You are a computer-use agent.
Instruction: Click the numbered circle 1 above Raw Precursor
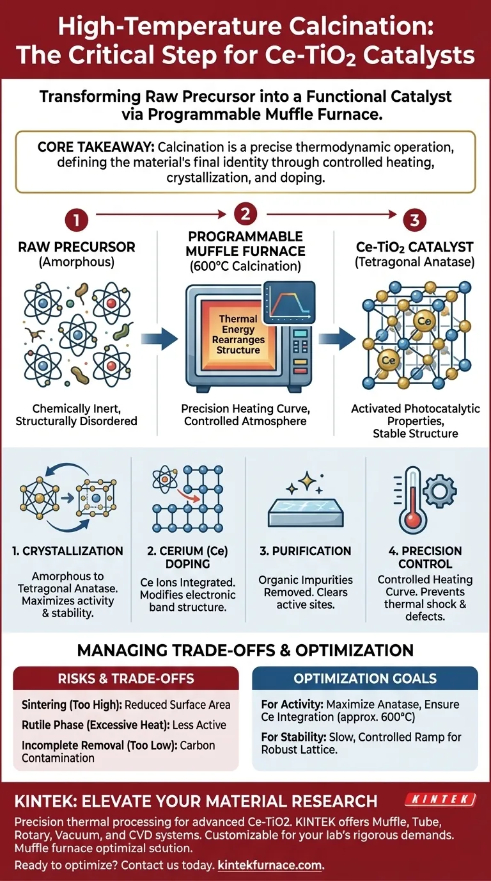click(76, 222)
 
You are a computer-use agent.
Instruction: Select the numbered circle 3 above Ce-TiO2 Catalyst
click(414, 222)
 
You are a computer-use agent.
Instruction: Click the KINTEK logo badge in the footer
click(440, 799)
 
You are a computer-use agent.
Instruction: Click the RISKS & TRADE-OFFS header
click(126, 678)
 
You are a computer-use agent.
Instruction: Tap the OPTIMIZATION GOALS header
click(365, 678)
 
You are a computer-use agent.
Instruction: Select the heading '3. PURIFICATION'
click(304, 551)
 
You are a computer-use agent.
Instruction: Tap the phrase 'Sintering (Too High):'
click(71, 704)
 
